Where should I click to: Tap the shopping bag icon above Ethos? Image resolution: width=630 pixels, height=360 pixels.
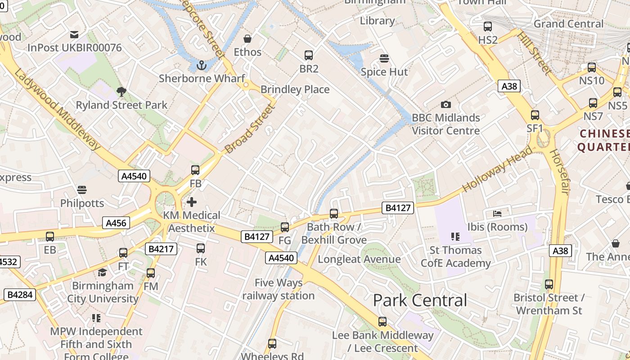[247, 39]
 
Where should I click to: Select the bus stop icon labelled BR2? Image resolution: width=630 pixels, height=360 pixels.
[308, 55]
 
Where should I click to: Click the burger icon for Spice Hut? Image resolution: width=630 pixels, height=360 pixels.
[384, 58]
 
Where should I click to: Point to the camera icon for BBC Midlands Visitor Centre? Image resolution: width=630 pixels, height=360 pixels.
[445, 104]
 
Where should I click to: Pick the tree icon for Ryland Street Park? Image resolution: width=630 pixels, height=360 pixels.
[121, 92]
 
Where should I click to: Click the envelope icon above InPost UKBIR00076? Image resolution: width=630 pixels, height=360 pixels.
[74, 35]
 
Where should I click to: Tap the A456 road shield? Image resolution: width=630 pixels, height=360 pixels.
[116, 223]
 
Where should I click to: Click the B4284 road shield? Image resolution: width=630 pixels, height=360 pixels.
[20, 295]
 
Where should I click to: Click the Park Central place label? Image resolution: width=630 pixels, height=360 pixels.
[420, 300]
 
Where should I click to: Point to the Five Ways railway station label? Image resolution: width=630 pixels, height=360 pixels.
[278, 289]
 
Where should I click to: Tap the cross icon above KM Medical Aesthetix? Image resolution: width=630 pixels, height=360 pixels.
[192, 202]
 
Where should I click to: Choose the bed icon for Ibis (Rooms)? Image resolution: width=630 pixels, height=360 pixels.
[497, 213]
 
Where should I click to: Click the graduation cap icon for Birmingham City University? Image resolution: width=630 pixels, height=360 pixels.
[103, 272]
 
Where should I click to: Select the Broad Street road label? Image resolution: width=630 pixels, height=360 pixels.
[249, 129]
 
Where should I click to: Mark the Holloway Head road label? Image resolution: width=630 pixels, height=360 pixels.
[497, 170]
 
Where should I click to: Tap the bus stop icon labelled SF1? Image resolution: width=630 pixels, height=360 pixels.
[535, 115]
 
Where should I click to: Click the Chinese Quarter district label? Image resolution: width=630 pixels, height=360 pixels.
[604, 140]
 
